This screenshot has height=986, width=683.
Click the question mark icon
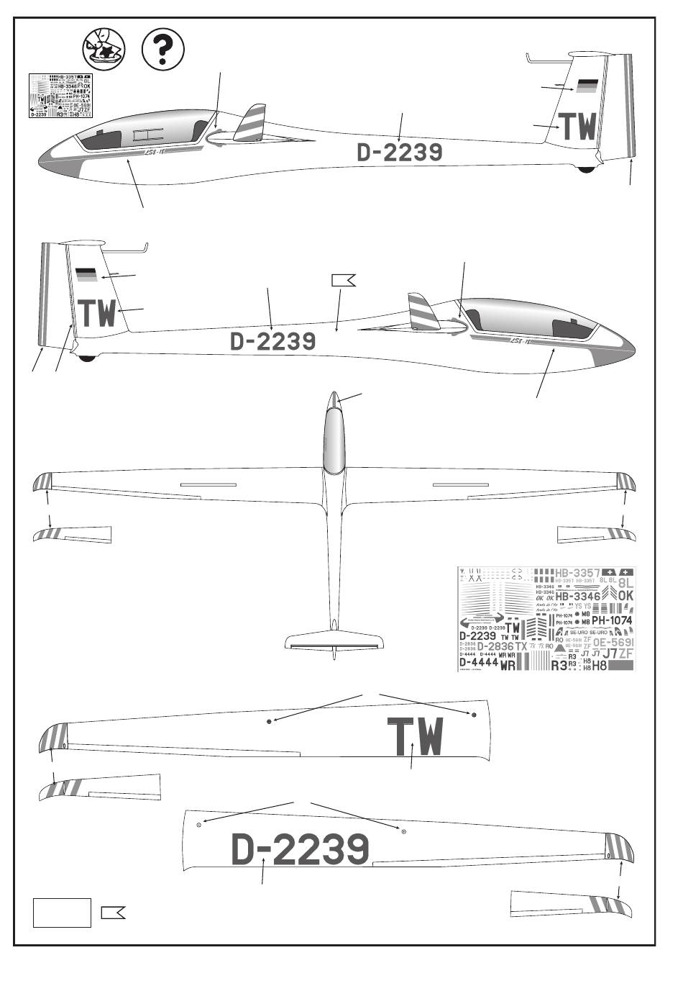163,50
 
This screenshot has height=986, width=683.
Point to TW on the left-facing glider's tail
578,127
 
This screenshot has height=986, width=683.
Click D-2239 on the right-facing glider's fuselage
272,341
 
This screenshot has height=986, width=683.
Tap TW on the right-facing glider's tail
97,313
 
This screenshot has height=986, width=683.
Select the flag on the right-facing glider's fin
86,274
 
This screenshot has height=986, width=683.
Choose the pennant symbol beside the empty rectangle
113,913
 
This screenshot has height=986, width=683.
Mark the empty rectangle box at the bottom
62,913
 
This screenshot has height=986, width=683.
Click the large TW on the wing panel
416,737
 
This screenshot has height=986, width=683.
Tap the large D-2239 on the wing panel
301,850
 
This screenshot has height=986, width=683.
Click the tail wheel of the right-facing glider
88,358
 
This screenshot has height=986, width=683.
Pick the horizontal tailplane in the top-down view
334,641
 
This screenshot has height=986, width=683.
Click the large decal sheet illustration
546,619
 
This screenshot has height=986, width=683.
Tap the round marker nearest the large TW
474,715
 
